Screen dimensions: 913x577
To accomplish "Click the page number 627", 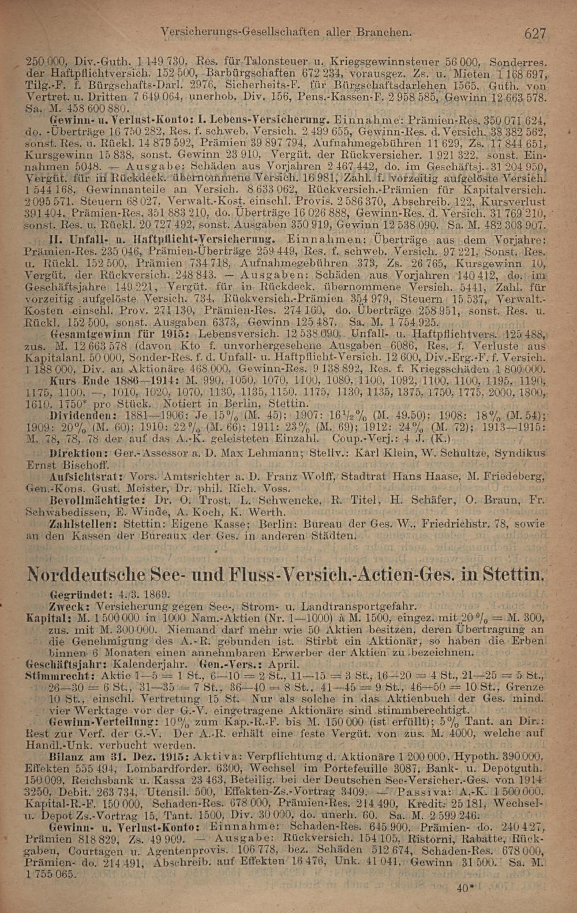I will (x=534, y=33).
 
